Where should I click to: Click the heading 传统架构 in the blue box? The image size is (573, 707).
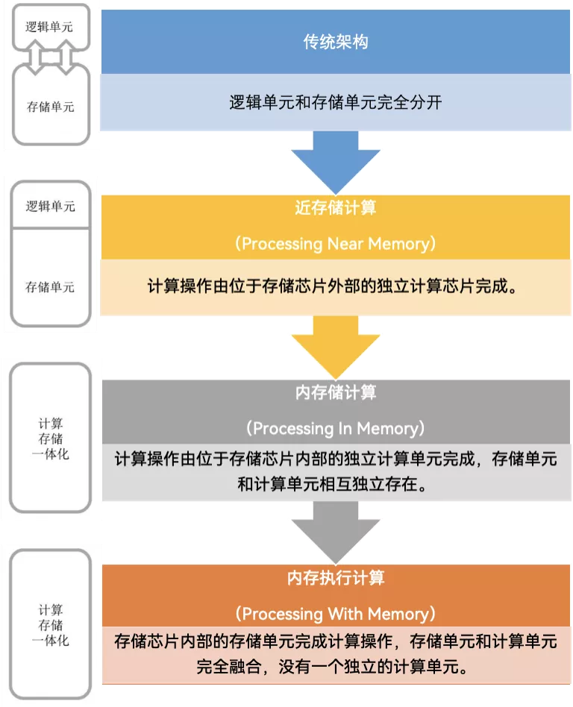tap(335, 43)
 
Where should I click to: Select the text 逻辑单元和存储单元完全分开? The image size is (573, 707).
tap(335, 102)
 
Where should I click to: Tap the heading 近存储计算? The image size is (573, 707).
tap(335, 208)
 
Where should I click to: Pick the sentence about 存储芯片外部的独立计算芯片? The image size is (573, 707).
tap(335, 287)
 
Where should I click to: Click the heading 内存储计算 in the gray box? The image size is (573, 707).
tap(335, 392)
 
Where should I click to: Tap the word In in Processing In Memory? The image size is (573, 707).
tap(342, 429)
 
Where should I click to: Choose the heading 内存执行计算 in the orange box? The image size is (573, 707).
tap(335, 578)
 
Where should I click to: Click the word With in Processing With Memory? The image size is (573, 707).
tap(345, 615)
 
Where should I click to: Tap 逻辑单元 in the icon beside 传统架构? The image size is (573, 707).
tap(50, 28)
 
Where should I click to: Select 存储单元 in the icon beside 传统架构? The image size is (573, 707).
tap(50, 107)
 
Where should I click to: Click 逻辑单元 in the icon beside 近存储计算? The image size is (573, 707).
tap(50, 206)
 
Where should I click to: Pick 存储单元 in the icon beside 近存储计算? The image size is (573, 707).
tap(50, 287)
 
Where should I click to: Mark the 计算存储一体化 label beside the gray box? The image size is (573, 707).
tap(52, 438)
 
